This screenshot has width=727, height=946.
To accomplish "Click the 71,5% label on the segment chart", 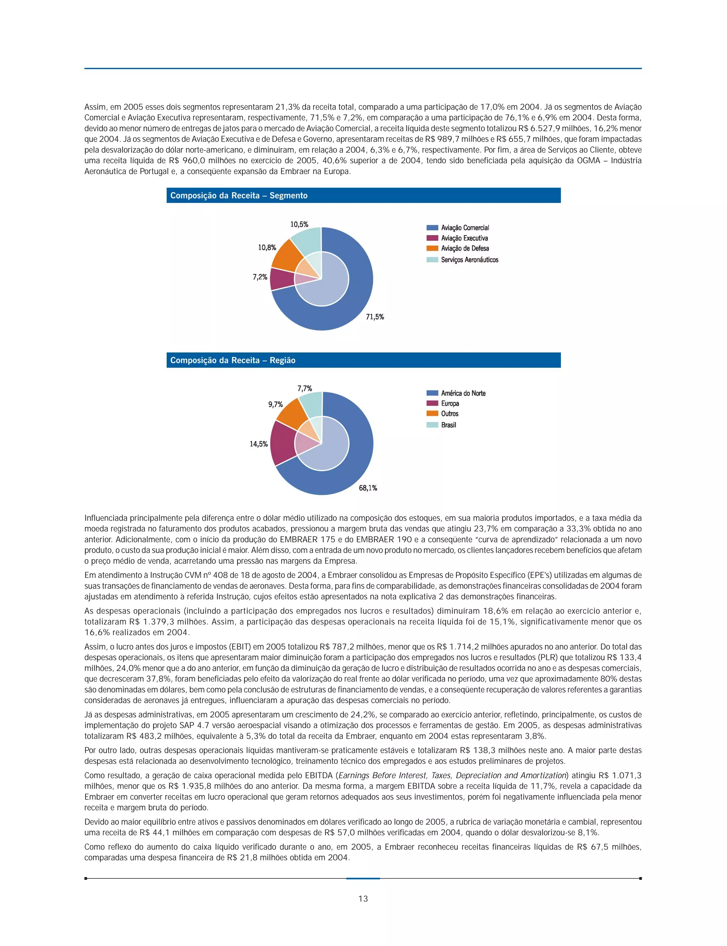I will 375,317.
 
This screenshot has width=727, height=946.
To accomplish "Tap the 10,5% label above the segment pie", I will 299,224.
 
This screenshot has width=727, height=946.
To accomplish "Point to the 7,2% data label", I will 260,277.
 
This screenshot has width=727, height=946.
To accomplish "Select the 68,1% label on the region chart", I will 368,488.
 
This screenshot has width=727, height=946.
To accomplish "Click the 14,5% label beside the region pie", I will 259,444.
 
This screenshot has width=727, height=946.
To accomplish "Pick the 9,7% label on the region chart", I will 275,404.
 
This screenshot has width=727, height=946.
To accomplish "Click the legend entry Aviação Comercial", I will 465,228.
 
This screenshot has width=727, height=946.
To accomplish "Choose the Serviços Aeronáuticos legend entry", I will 470,259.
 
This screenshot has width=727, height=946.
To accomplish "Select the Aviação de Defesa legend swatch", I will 432,248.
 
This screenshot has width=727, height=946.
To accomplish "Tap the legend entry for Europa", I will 450,403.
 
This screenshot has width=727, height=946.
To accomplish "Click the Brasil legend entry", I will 448,425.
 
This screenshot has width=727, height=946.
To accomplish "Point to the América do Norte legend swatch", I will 432,393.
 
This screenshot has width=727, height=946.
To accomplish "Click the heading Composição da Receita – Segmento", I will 239,196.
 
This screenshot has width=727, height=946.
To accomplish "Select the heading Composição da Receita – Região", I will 233,361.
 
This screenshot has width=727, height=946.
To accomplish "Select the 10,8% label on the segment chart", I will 267,247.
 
